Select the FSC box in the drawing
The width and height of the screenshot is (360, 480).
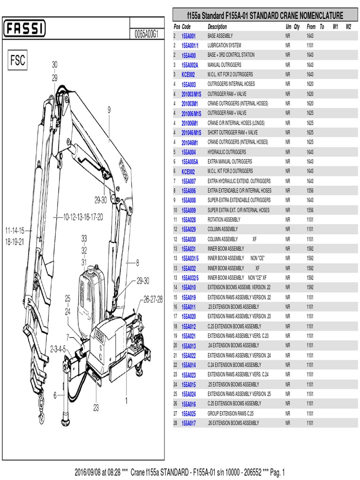coord(17,61)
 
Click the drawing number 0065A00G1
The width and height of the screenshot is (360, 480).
coord(146,34)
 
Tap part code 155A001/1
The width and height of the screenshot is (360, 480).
coord(190,45)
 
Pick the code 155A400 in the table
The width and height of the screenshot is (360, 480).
coord(188,55)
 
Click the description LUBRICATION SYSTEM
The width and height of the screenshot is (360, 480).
coord(224,45)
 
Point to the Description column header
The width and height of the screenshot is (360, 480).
coord(217,27)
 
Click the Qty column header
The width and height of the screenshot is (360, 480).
coord(297,27)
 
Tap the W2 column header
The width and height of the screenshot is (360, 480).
coord(348,27)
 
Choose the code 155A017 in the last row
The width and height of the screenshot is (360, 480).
coord(188,423)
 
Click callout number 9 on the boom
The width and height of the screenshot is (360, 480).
coord(109,110)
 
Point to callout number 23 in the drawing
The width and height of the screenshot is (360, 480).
coord(96,408)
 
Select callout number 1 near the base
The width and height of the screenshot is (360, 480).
coord(126,401)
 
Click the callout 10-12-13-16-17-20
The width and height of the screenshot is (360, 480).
coord(83,217)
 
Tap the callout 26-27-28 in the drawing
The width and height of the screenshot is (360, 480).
coord(153,300)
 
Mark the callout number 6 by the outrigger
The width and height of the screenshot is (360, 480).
coord(55,395)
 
